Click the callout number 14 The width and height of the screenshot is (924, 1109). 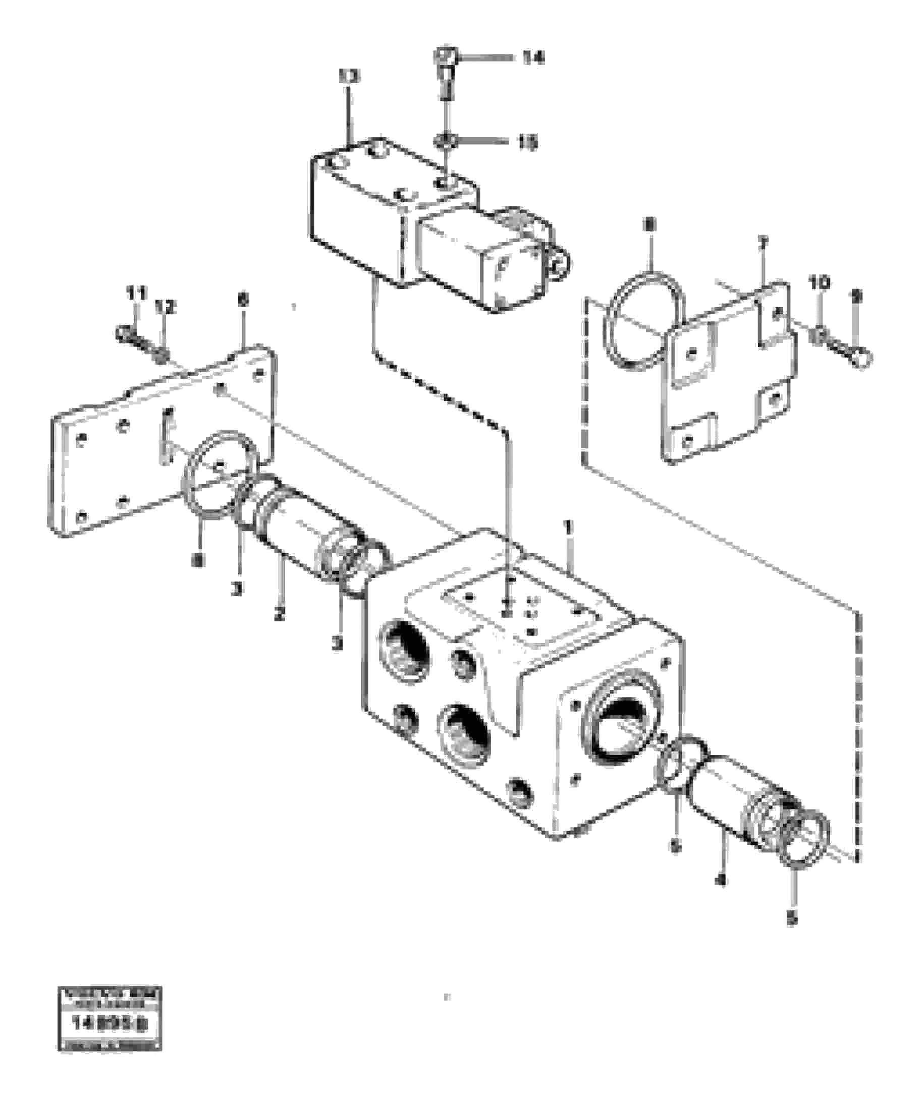tap(532, 57)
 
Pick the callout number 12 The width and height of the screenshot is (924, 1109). tap(166, 306)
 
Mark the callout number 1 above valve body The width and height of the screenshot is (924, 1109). tap(568, 527)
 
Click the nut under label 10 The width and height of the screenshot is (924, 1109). tap(818, 334)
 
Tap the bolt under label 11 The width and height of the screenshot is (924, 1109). tap(127, 334)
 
